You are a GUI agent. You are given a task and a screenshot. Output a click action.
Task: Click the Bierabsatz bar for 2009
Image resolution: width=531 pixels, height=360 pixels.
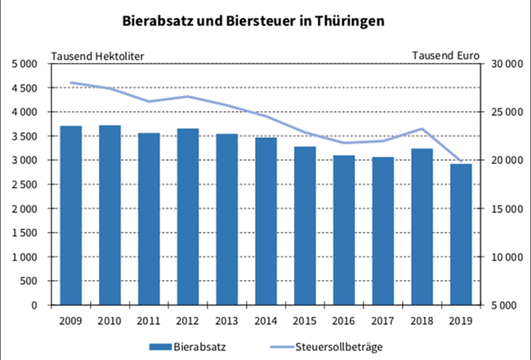[x=71, y=216]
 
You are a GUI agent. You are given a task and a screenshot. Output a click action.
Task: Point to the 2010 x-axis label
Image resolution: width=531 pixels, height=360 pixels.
[x=110, y=319]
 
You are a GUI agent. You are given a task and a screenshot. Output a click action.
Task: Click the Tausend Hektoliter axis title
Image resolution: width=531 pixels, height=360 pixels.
[x=99, y=56]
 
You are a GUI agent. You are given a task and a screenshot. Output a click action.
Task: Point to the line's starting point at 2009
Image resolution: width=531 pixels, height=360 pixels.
[x=71, y=82]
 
